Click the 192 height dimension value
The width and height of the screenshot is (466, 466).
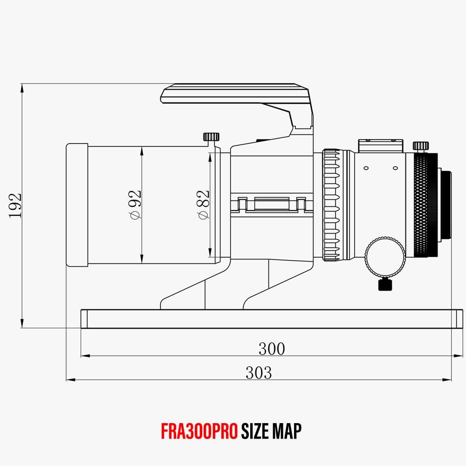pos(15,206)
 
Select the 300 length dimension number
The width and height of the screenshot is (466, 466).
pos(271,349)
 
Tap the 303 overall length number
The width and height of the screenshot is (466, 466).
pos(259,372)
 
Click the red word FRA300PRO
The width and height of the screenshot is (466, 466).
pos(200,431)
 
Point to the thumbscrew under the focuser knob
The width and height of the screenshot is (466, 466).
pos(385,284)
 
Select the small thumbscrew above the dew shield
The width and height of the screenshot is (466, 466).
pos(211,137)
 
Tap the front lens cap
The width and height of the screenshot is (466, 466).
pos(77,205)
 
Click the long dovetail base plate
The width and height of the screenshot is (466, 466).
pos(268,319)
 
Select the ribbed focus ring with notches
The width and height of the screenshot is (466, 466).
pos(332,205)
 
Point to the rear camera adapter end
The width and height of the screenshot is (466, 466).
pos(446,205)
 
